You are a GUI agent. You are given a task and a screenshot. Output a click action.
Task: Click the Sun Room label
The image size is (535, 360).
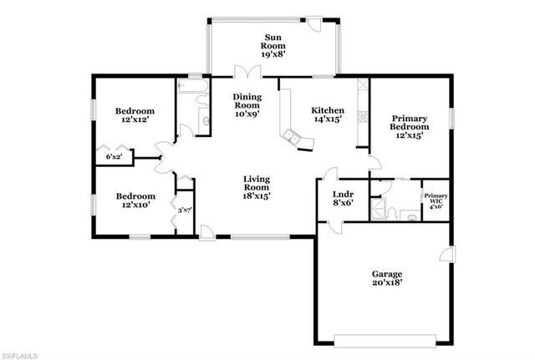pyautogui.click(x=273, y=43)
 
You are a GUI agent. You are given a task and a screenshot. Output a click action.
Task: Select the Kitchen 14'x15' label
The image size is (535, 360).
pyautogui.click(x=328, y=115)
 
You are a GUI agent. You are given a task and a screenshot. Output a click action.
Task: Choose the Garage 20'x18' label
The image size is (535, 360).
pyautogui.click(x=387, y=278)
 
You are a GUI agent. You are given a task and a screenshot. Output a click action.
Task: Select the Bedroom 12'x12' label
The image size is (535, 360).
pyautogui.click(x=134, y=115)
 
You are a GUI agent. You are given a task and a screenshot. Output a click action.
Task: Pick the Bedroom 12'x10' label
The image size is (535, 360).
pyautogui.click(x=134, y=201)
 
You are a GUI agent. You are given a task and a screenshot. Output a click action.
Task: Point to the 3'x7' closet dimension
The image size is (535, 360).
pyautogui.click(x=184, y=210)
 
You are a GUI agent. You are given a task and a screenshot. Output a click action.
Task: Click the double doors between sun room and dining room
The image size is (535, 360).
pyautogui.click(x=243, y=73)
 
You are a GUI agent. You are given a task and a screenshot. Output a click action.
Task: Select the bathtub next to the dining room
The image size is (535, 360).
pyautogui.click(x=192, y=84)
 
